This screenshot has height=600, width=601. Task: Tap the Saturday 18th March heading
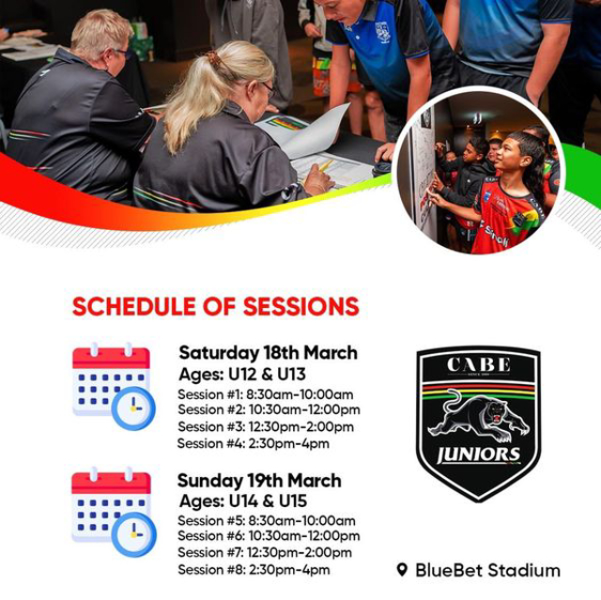268,353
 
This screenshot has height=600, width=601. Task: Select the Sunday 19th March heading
259,481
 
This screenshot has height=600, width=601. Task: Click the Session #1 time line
265,394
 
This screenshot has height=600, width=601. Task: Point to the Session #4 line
254,444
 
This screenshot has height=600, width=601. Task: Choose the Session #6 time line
269,535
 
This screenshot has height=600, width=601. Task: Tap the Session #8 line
254,570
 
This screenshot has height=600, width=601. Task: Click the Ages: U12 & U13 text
242,375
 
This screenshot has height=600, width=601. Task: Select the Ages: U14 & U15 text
243,501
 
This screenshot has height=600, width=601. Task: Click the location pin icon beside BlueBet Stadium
402,570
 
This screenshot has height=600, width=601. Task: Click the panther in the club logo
479,418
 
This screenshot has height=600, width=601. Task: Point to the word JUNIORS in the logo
479,454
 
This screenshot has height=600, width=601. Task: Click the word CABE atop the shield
479,365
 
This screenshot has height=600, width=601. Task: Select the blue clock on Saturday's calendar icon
133,408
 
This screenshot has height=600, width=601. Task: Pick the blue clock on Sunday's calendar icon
134,535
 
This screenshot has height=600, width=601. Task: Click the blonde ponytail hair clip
214,59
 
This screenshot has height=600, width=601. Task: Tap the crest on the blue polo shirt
382,32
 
